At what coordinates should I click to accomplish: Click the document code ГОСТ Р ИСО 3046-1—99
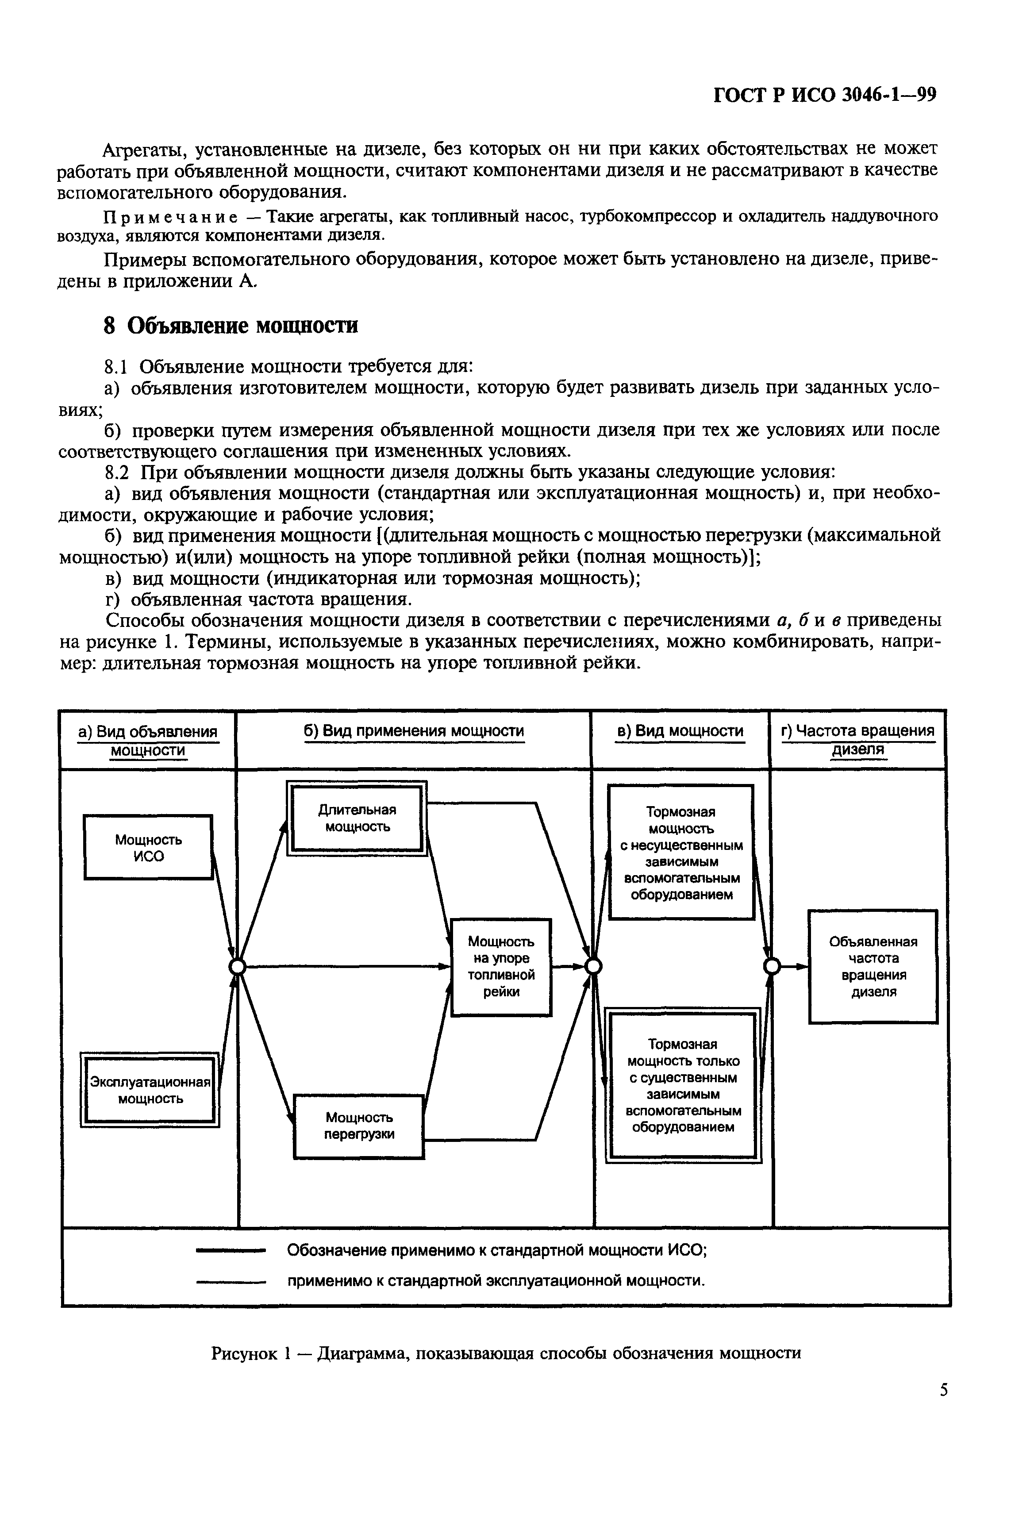click(825, 94)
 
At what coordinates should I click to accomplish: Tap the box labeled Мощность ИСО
click(148, 847)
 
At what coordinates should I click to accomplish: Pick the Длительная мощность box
click(357, 818)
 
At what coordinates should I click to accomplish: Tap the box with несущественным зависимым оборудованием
click(681, 853)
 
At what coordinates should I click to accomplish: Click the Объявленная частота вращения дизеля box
click(873, 967)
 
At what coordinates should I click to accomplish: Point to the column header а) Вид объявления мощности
click(148, 740)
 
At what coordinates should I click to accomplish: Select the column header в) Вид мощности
click(680, 731)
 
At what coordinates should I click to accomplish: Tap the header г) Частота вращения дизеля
click(858, 740)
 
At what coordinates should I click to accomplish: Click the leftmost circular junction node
click(238, 967)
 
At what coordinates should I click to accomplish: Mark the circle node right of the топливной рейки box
click(593, 967)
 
